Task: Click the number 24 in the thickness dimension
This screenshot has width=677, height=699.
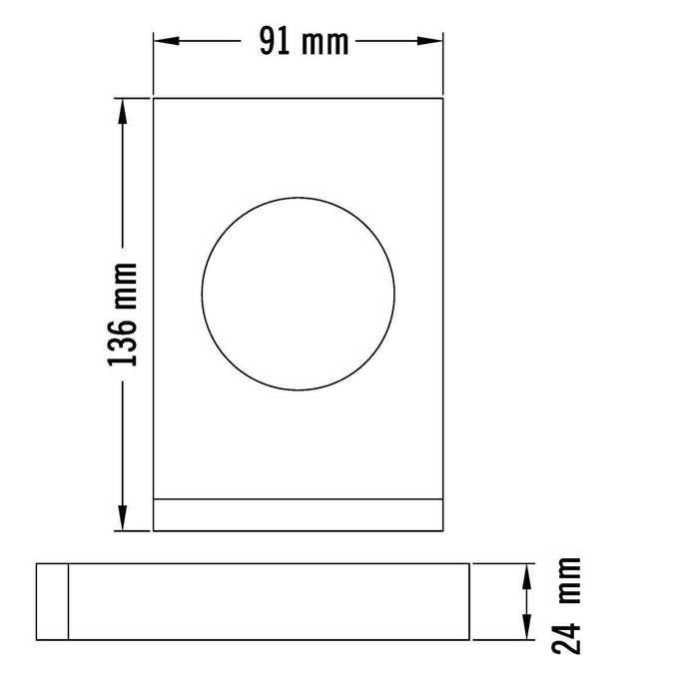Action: pos(567,635)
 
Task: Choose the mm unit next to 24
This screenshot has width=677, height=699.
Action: pos(567,583)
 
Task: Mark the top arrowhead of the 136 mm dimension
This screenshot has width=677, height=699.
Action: pos(124,109)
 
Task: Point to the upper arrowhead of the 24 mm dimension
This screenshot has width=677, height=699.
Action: pos(525,572)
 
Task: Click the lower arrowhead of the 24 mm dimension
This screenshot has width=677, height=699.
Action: pos(525,630)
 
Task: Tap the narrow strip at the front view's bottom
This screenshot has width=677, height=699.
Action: pos(298,514)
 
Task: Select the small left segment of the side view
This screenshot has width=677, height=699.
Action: pos(52,601)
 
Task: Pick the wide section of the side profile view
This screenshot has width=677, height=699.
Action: pos(268,601)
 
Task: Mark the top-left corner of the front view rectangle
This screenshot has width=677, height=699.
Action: pos(153,98)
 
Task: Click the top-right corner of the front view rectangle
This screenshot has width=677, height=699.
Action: pos(442,98)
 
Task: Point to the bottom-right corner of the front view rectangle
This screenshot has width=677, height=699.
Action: pos(442,531)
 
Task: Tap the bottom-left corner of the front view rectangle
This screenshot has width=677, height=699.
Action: pos(153,531)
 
